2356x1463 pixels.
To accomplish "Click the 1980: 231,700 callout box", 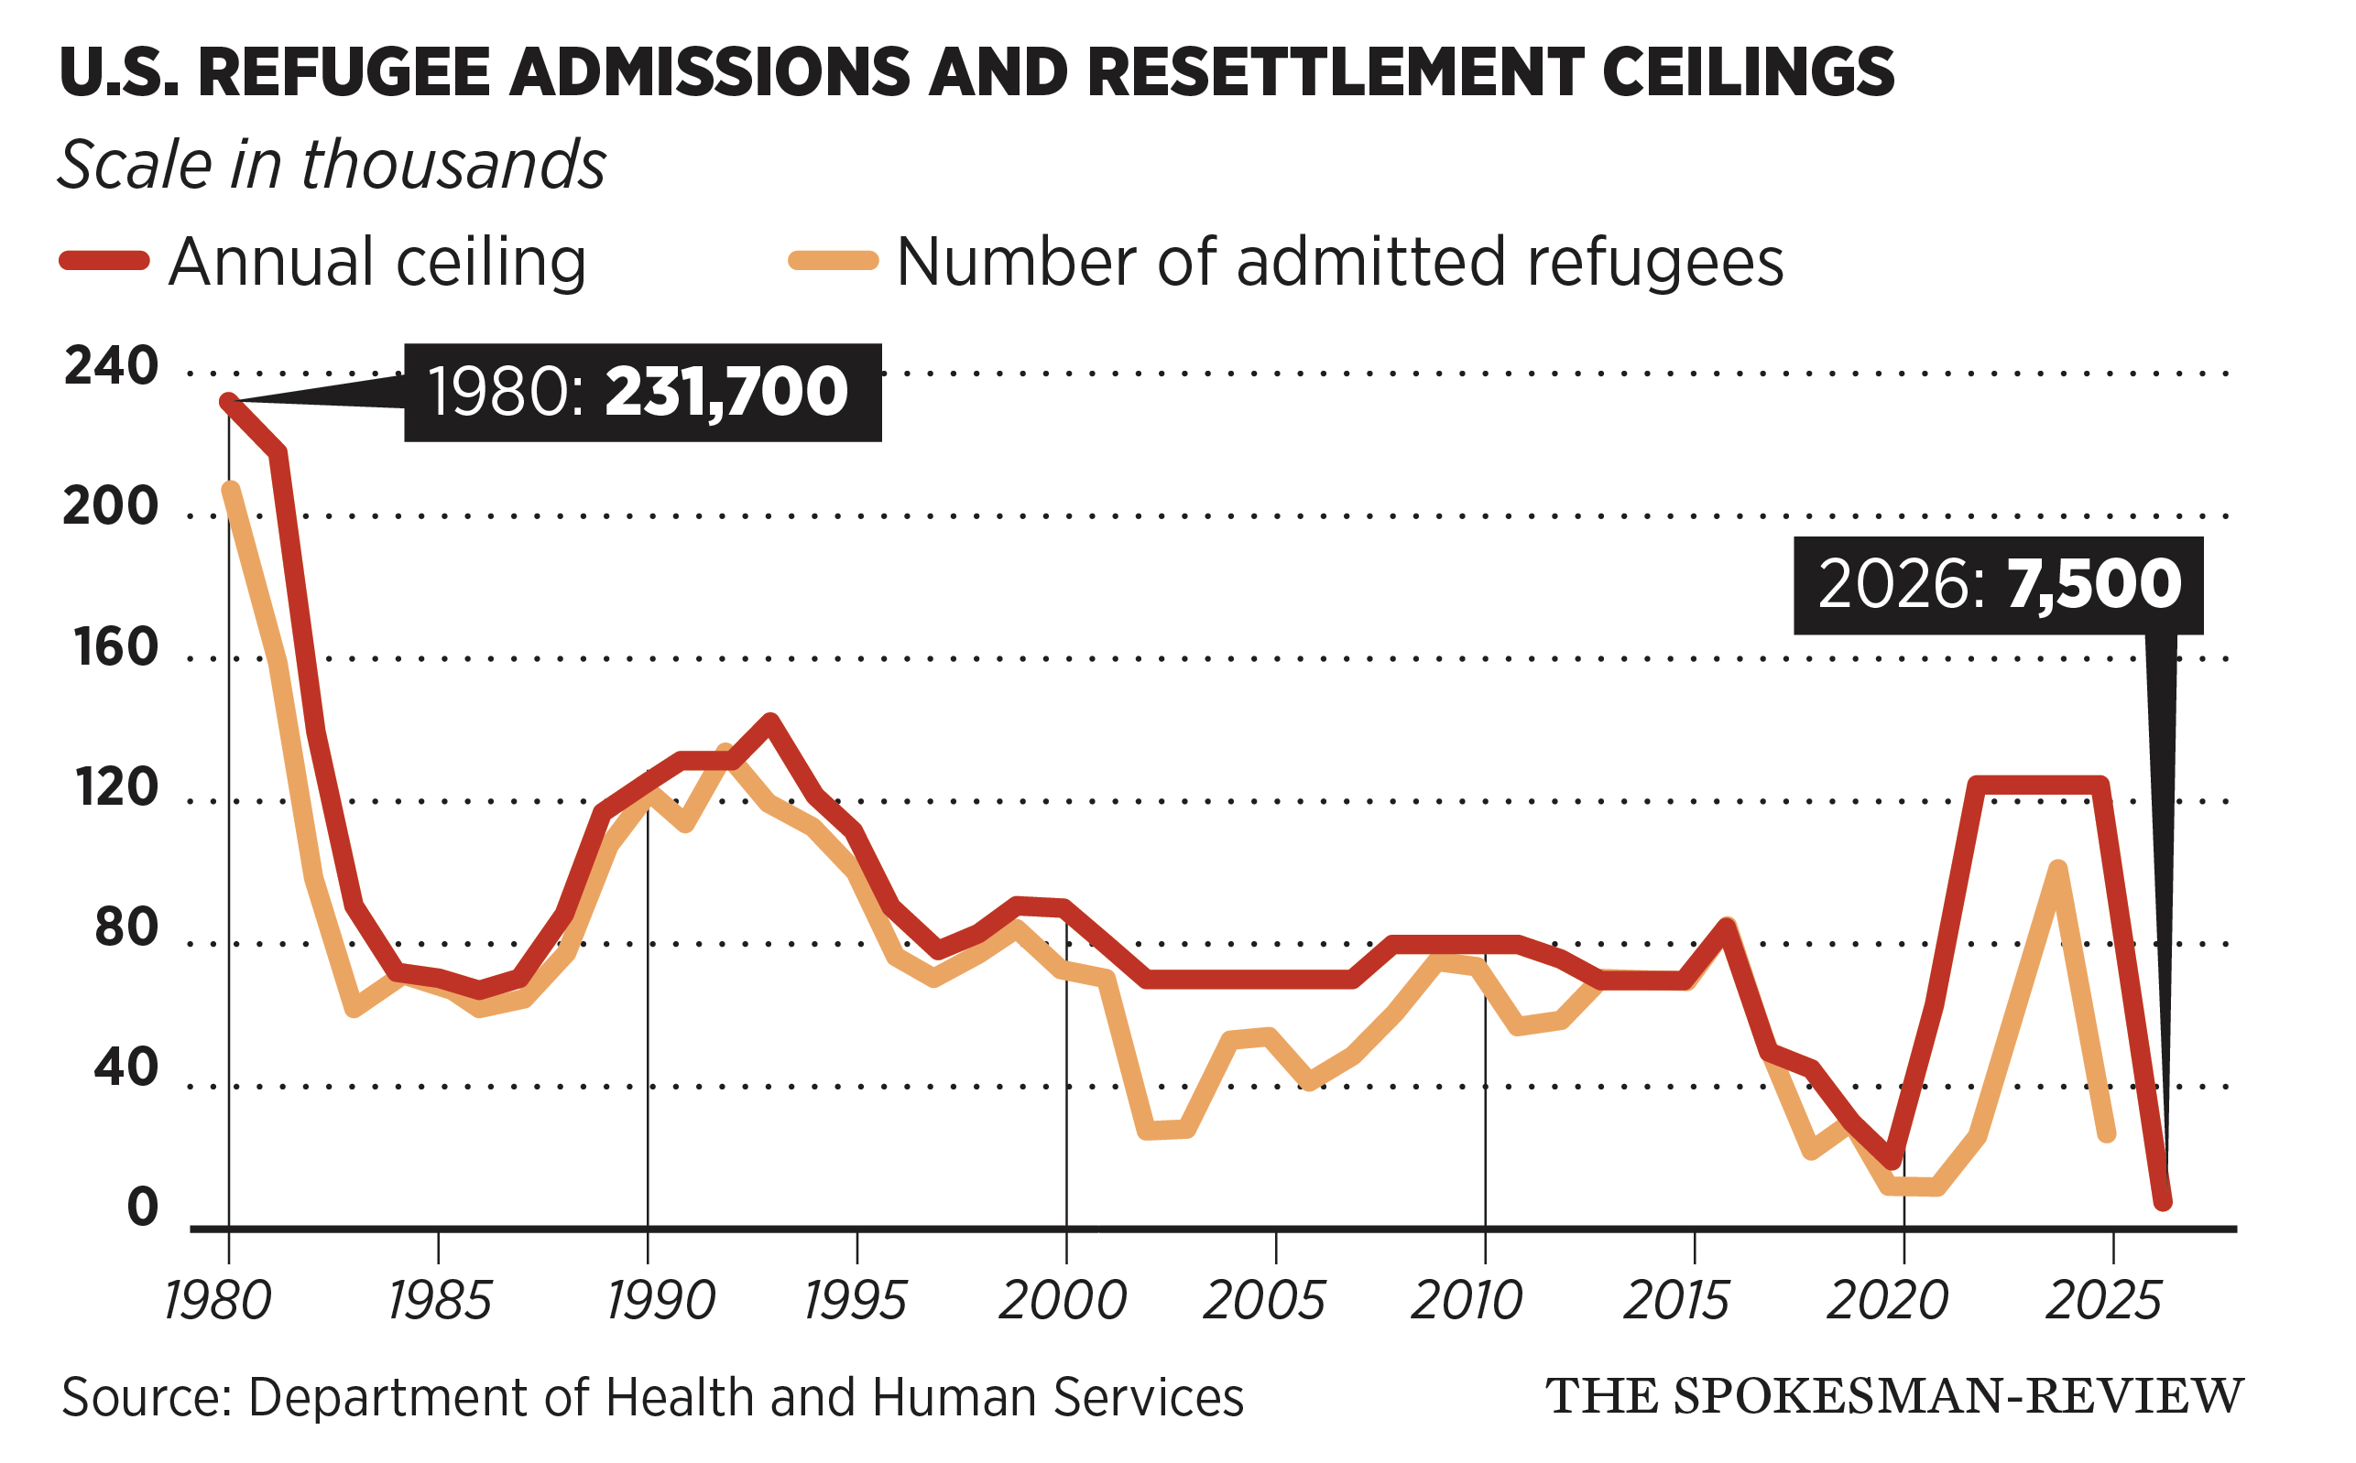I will tap(642, 393).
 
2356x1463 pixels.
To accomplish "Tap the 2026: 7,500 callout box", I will tap(1998, 585).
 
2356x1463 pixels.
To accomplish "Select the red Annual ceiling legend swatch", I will tap(104, 260).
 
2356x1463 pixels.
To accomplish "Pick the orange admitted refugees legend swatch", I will tap(834, 260).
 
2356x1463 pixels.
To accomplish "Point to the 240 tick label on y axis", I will tap(110, 367).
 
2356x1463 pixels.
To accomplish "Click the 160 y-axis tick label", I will tap(115, 647).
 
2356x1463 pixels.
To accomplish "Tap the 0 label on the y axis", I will tap(142, 1208).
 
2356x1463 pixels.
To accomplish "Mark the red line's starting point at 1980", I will tap(228, 402).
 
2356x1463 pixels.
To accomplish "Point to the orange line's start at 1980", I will tap(230, 491).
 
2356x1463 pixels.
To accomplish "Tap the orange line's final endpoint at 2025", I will tap(2107, 1134).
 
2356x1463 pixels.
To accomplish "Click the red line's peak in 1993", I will tap(770, 721).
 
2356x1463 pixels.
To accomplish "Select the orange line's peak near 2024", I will tap(2058, 868).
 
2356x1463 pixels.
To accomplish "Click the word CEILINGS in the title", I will tap(1747, 72).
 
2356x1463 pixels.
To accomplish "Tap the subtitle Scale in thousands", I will tap(331, 165).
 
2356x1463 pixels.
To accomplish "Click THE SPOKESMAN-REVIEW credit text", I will tap(1893, 1396).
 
